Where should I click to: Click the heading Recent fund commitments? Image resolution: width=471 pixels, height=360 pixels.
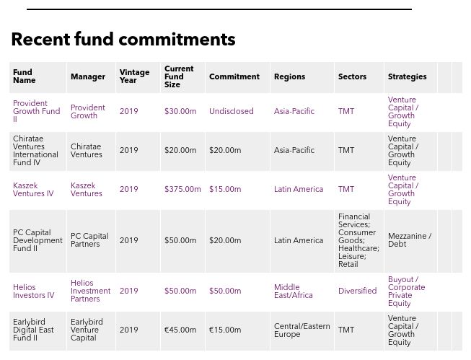tap(123, 39)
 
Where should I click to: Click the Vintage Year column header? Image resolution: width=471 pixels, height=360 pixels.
tap(134, 76)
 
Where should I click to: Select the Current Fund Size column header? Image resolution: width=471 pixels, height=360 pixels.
tap(179, 76)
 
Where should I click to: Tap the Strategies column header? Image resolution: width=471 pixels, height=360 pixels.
tap(407, 76)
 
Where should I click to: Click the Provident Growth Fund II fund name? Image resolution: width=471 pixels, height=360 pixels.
tap(36, 112)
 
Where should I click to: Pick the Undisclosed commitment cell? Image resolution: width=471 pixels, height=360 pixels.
tap(231, 112)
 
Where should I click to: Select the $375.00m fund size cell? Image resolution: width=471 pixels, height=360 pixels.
tap(182, 190)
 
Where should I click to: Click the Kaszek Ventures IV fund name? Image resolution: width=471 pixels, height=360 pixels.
tap(33, 190)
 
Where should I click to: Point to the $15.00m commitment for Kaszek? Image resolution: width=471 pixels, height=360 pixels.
tap(225, 190)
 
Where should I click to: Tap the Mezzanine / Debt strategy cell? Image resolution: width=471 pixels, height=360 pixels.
tap(409, 240)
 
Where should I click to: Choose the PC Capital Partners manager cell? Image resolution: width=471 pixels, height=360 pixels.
tap(89, 240)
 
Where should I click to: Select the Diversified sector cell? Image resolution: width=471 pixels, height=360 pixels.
tap(357, 291)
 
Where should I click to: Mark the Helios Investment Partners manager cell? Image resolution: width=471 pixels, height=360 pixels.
tap(90, 291)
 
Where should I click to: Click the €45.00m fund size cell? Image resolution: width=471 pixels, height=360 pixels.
tap(180, 330)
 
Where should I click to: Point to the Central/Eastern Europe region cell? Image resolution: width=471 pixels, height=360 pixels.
tap(301, 330)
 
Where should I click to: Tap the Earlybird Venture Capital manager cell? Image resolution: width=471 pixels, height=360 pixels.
tap(87, 330)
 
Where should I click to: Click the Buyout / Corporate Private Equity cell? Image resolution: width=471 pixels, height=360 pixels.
tap(406, 291)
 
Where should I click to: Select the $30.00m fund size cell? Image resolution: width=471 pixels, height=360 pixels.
tap(180, 112)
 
